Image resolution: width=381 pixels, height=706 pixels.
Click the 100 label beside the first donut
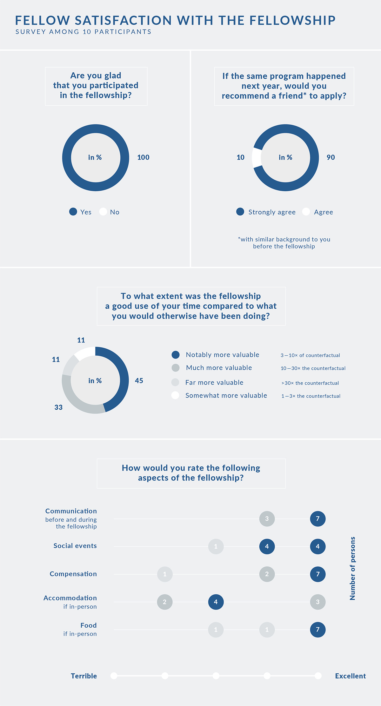click(x=143, y=157)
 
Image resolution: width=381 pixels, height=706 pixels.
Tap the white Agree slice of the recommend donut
click(x=257, y=158)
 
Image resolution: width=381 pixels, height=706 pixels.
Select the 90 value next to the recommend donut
click(x=331, y=157)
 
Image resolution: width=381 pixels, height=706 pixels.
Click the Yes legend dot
click(x=73, y=212)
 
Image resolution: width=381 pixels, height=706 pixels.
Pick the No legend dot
click(x=103, y=212)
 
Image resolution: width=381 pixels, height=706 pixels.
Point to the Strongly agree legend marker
click(x=240, y=212)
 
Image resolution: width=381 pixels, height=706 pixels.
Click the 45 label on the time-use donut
click(x=139, y=381)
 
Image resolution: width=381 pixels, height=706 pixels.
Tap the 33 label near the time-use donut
click(x=58, y=407)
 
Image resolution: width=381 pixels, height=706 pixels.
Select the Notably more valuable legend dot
click(x=176, y=355)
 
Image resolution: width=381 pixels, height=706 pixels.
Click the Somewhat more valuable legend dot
click(x=175, y=395)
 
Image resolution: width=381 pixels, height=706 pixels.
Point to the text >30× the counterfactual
click(x=310, y=383)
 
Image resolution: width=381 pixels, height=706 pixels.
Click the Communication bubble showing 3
click(x=267, y=519)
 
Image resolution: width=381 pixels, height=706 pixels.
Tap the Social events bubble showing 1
click(x=216, y=546)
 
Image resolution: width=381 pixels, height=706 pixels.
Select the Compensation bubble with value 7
click(x=318, y=574)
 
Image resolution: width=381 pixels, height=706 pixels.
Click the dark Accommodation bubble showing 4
click(x=216, y=602)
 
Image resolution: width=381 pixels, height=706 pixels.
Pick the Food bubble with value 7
click(x=318, y=630)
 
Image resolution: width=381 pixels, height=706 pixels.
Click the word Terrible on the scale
click(x=84, y=676)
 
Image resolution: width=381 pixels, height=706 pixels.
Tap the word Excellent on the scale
click(x=351, y=676)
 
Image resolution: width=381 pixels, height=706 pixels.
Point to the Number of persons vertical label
click(x=352, y=568)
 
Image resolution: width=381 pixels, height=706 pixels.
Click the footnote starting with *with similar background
click(x=284, y=243)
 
